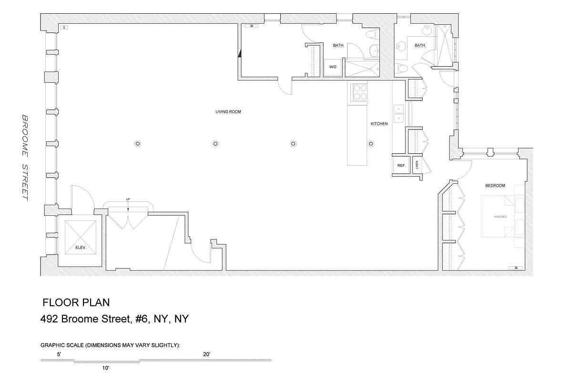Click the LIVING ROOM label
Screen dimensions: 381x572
[x=228, y=112]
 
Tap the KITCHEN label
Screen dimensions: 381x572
[x=379, y=124]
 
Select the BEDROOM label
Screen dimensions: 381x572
[x=495, y=186]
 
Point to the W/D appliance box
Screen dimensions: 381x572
[x=333, y=67]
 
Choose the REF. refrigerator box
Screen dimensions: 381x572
[x=401, y=166]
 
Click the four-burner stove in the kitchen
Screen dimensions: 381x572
[x=359, y=92]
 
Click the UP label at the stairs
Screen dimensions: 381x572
[x=128, y=199]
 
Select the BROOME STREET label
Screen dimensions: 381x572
[x=25, y=157]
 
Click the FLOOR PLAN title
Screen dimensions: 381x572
[x=76, y=302]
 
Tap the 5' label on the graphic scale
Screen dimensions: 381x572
[x=59, y=354]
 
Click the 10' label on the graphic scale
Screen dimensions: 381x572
[x=106, y=368]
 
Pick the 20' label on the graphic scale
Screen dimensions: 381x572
[x=206, y=354]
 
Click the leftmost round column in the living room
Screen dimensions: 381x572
[x=137, y=143]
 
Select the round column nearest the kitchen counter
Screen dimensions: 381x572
[x=370, y=143]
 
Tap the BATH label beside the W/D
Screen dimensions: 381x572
[x=338, y=46]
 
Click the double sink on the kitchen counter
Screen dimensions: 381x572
[x=398, y=113]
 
